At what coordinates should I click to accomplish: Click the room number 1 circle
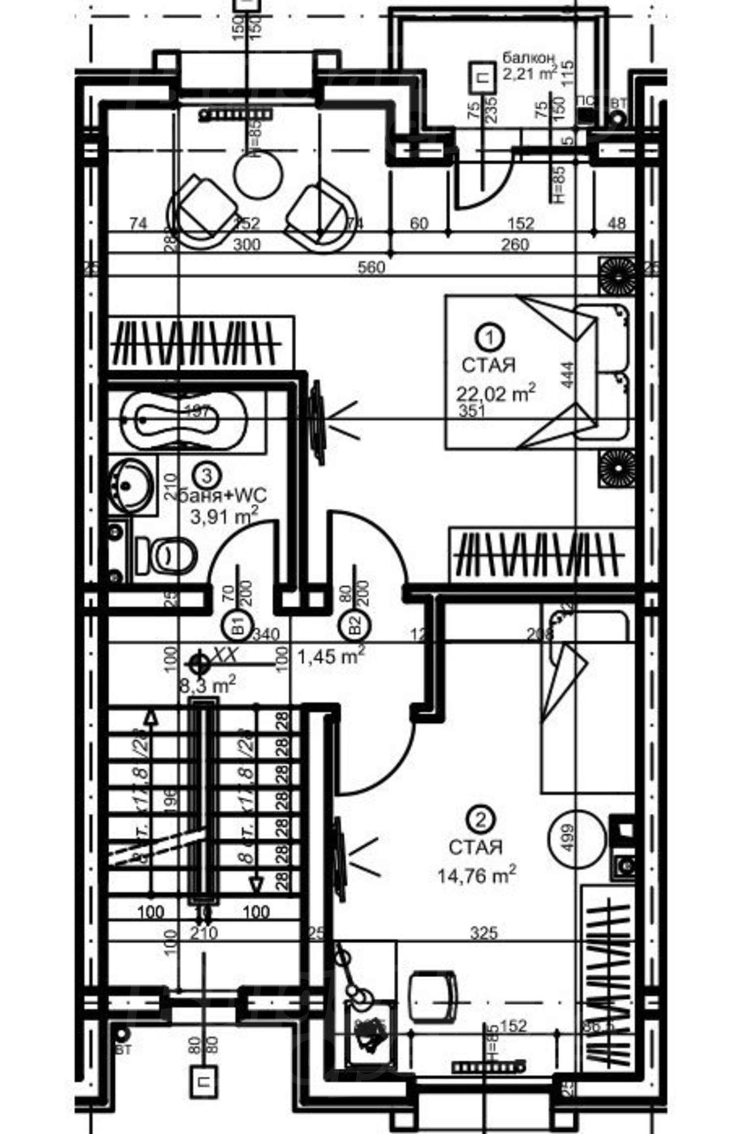point(490,337)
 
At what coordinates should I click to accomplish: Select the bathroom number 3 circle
point(207,476)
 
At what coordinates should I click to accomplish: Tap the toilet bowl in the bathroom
point(171,555)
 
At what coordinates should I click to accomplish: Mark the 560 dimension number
point(371,267)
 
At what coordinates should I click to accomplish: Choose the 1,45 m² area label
point(331,657)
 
